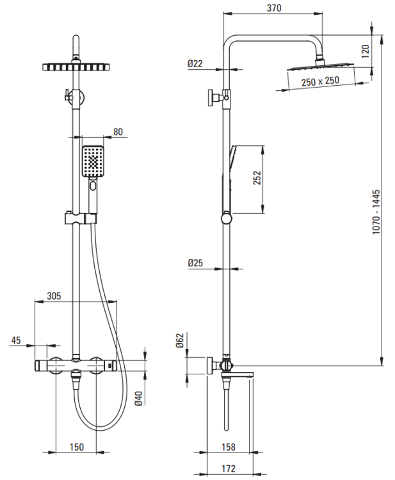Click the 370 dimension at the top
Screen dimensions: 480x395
click(272, 8)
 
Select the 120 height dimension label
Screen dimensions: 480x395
click(366, 52)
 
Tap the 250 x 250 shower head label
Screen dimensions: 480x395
click(321, 81)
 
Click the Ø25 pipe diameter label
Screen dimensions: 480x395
click(196, 262)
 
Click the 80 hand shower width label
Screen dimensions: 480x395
click(118, 132)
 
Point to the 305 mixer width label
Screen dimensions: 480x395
click(54, 296)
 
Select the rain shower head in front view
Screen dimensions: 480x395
click(76, 67)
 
